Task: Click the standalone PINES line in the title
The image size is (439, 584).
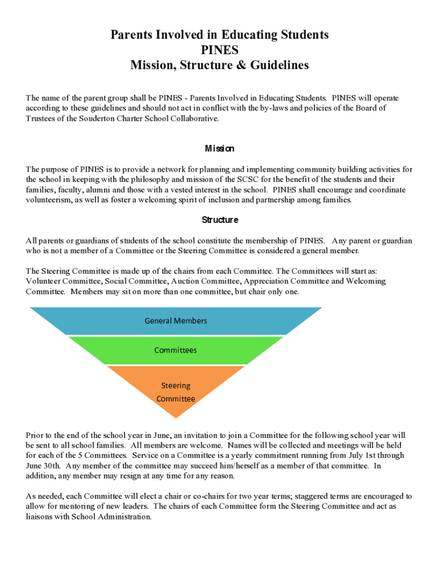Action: (219, 50)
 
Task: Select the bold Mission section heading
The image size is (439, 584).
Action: (219, 149)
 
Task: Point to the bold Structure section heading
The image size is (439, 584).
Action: (219, 220)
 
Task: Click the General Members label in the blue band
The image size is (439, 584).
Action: (176, 321)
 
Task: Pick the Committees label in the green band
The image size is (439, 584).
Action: (176, 350)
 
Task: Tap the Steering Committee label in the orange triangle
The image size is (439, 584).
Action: (176, 392)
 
